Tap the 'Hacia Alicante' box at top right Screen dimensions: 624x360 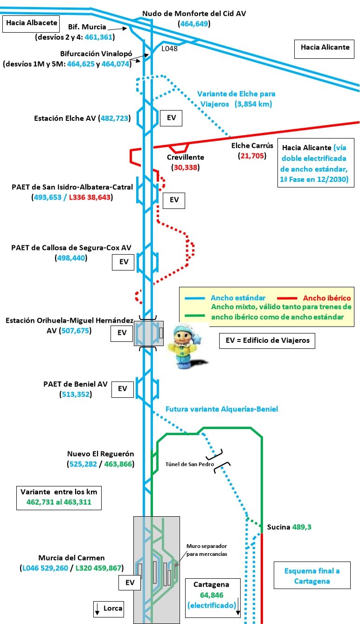[x=325, y=47]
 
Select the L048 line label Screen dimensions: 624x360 [x=169, y=48]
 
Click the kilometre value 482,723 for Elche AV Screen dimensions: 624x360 [x=114, y=118]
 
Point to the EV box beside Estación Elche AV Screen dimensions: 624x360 [x=171, y=118]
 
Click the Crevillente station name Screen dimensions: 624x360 [x=186, y=158]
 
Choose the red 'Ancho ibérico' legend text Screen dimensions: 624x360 [x=326, y=298]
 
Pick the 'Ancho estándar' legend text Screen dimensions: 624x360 [x=238, y=298]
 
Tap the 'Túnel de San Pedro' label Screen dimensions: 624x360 [x=190, y=464]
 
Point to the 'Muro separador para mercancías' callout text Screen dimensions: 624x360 [x=207, y=549]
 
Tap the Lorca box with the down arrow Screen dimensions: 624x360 [x=109, y=608]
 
